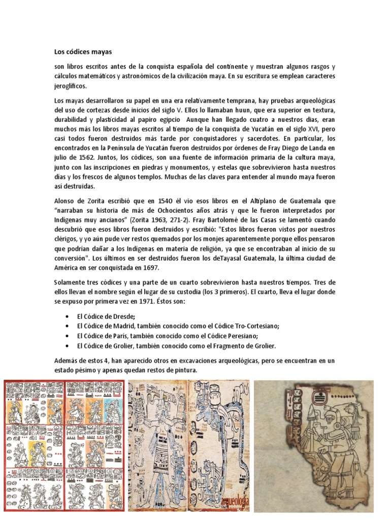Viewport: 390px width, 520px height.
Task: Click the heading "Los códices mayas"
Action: tap(83, 52)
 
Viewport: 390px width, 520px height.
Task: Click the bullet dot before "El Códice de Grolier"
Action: tap(68, 346)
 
